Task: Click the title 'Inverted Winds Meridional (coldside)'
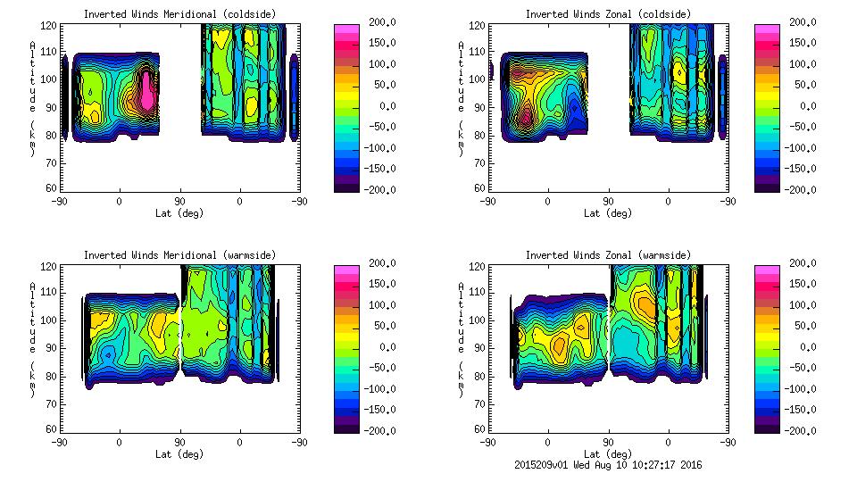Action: pos(179,14)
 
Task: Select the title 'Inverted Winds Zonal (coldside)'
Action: pos(608,14)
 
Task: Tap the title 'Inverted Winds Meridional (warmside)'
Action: pos(179,255)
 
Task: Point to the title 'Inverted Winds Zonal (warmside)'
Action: pos(608,255)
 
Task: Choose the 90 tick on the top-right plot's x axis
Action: pos(608,201)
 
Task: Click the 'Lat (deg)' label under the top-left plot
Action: pos(179,213)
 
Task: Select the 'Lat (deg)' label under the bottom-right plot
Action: pos(608,454)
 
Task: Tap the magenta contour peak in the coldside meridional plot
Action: pos(147,92)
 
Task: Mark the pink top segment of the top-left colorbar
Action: pos(345,29)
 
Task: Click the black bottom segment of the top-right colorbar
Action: pos(767,187)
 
